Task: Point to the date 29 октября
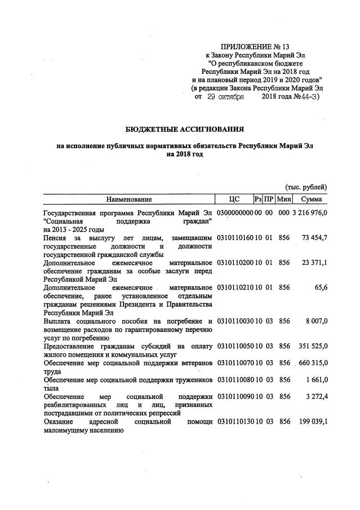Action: (225, 97)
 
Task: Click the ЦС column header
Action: (234, 199)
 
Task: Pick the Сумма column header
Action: (311, 199)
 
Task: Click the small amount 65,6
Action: (321, 287)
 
